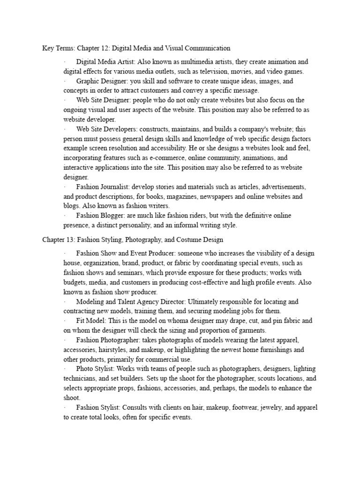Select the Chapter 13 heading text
pos(133,240)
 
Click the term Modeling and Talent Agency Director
pos(134,301)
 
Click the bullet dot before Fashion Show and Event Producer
pos(66,254)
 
